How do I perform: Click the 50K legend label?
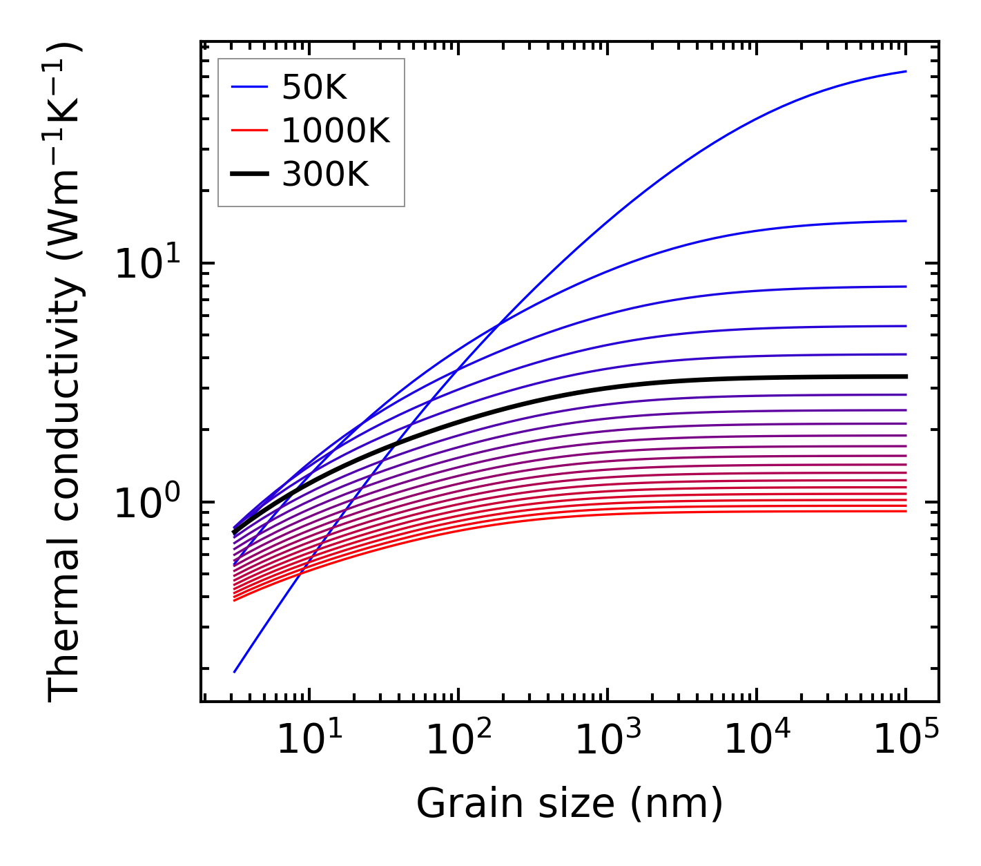(x=314, y=87)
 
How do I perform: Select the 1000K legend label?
(x=336, y=131)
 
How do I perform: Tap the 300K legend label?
(x=325, y=175)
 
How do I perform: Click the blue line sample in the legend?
(x=249, y=87)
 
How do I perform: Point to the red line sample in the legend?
(x=249, y=131)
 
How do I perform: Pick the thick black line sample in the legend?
(x=249, y=175)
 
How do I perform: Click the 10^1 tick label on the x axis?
(x=309, y=741)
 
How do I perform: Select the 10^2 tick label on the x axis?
(x=458, y=741)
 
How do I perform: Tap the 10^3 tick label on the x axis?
(x=607, y=741)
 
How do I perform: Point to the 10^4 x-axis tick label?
(x=757, y=741)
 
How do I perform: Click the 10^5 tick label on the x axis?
(x=906, y=741)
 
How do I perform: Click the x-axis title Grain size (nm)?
(x=570, y=804)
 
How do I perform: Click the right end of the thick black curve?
(x=906, y=376)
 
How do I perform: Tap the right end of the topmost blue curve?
(x=906, y=71)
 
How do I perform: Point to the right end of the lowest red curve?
(x=906, y=511)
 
